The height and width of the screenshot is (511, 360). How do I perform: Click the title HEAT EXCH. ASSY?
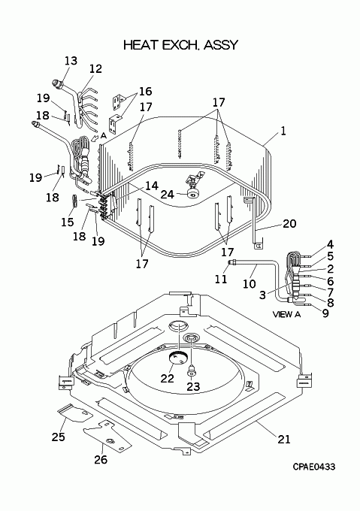pyautogui.click(x=180, y=45)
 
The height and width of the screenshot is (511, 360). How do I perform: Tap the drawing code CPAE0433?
pyautogui.click(x=313, y=467)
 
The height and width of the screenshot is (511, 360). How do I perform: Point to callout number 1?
pyautogui.click(x=283, y=131)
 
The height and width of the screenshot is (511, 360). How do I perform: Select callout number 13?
pyautogui.click(x=71, y=61)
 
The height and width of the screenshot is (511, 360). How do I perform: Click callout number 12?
pyautogui.click(x=95, y=69)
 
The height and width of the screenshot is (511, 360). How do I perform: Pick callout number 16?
pyautogui.click(x=145, y=91)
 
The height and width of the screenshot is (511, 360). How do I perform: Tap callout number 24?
pyautogui.click(x=168, y=195)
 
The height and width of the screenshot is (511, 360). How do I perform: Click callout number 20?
pyautogui.click(x=289, y=224)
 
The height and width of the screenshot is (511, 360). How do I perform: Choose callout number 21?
pyautogui.click(x=284, y=440)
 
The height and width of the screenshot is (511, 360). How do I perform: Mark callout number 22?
pyautogui.click(x=167, y=378)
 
